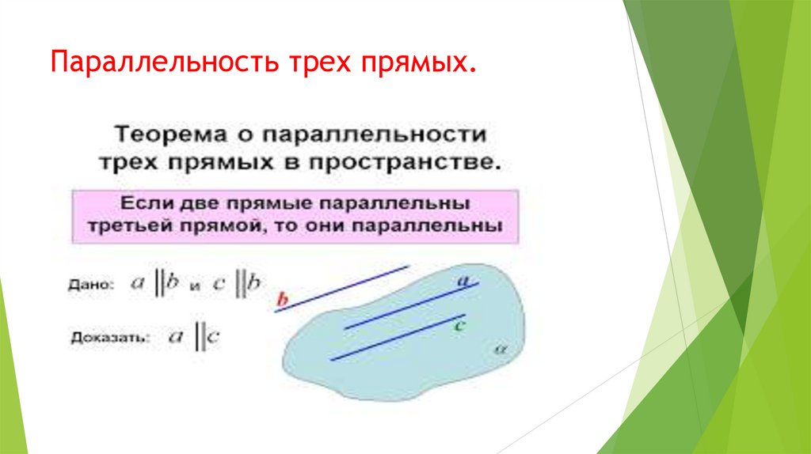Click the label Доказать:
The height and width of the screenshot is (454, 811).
coord(108,338)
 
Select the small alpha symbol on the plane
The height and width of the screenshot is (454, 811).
coord(498,347)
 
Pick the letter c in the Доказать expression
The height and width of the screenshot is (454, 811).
coord(214,338)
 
